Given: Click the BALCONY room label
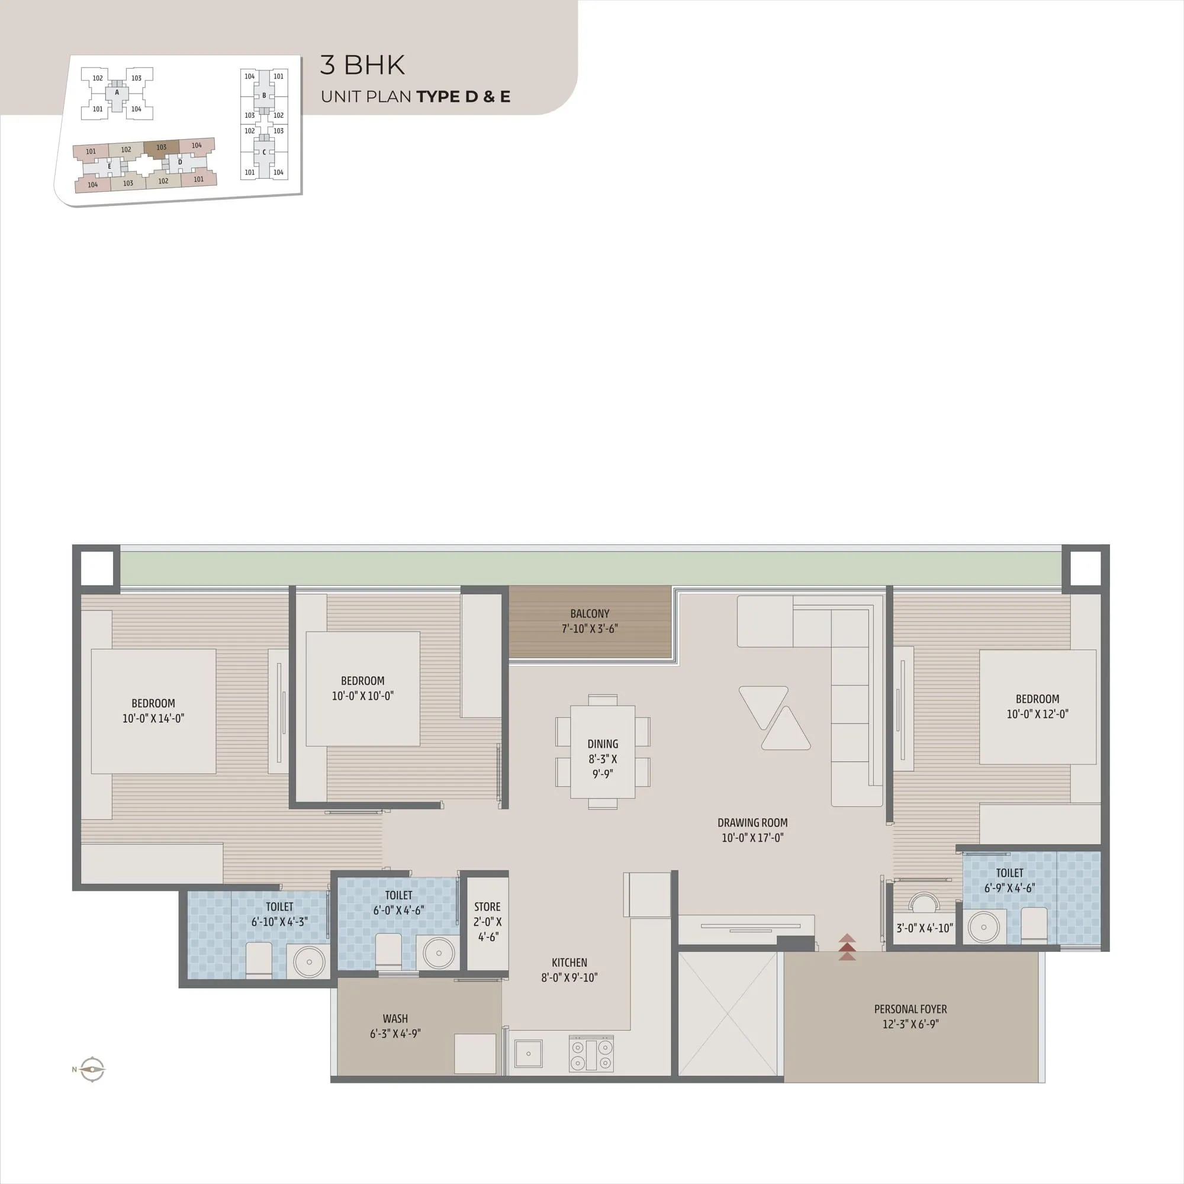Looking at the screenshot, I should (589, 613).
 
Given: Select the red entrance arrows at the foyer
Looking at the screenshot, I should (847, 947).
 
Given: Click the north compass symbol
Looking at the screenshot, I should (92, 1069).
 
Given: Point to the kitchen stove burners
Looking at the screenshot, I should (591, 1054).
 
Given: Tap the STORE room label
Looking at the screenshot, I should (487, 907).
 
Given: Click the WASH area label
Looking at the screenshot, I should (395, 1018).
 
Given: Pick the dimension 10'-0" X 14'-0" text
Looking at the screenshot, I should (153, 718).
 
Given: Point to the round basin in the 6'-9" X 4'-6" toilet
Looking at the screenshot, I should (983, 927).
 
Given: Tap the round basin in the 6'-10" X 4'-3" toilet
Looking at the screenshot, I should (309, 961).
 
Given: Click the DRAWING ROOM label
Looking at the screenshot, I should (752, 822).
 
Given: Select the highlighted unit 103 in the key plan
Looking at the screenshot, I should (161, 147).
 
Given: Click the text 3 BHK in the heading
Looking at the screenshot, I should (362, 66).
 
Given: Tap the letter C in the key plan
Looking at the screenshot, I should (264, 152).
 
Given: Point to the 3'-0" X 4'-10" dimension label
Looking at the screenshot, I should (924, 928).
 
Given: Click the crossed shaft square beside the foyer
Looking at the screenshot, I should (728, 1014).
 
